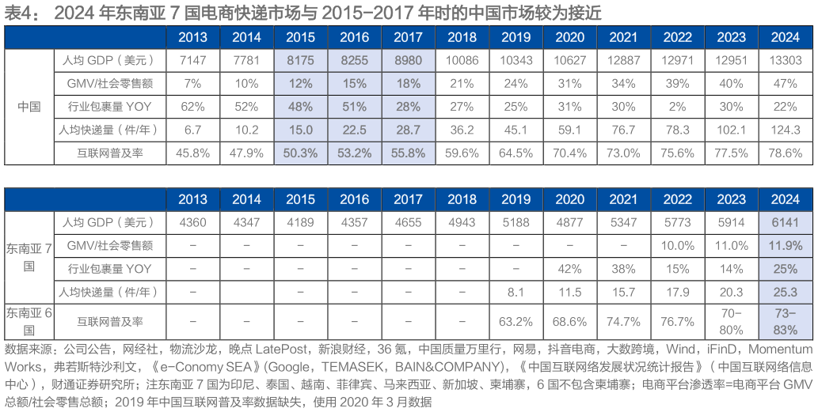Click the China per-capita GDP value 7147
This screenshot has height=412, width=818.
pos(192,60)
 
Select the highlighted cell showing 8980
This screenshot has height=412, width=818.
pos(408,60)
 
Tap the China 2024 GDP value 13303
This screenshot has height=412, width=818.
pos(785,60)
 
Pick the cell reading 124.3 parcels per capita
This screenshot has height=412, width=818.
pos(785,129)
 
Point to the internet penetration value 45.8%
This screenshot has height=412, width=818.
pos(192,153)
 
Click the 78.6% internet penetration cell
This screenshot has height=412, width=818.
pos(785,153)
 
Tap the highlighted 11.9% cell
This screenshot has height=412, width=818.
pos(785,246)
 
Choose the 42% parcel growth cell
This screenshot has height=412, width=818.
pos(569,269)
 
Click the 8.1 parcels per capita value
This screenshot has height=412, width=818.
pos(516,293)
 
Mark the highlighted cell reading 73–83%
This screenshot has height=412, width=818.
pos(785,321)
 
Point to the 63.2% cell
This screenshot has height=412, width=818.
pos(516,321)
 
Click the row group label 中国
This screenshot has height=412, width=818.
pos(29,106)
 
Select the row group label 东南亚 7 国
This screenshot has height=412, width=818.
pos(29,256)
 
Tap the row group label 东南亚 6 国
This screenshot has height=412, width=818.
pos(29,320)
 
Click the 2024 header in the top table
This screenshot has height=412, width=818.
pos(785,37)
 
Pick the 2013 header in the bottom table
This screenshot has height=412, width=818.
pos(192,198)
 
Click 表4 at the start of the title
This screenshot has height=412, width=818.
pos(16,11)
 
